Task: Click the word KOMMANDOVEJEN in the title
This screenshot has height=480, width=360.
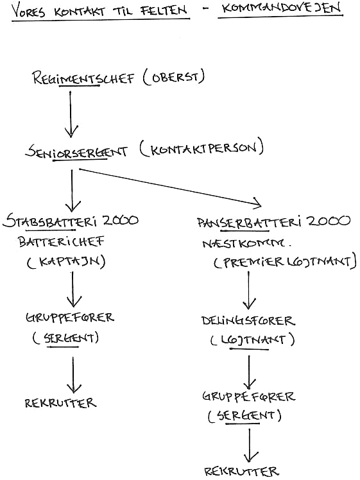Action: pyautogui.click(x=281, y=8)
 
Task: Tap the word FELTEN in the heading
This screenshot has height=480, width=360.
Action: pyautogui.click(x=163, y=10)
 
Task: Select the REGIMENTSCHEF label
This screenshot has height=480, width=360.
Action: pyautogui.click(x=83, y=78)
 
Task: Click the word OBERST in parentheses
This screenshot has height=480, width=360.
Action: pyautogui.click(x=175, y=78)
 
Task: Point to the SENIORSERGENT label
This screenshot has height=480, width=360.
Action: pyautogui.click(x=76, y=151)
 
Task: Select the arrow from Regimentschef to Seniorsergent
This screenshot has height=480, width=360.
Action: pyautogui.click(x=71, y=114)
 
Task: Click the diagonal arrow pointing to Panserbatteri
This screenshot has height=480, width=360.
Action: pyautogui.click(x=170, y=187)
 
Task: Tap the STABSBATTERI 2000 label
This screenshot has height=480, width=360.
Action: pyautogui.click(x=71, y=221)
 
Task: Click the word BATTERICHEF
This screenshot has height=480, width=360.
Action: pyautogui.click(x=61, y=241)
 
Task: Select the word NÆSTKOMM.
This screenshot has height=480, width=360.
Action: pyautogui.click(x=246, y=243)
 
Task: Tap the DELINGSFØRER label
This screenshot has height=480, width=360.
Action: pyautogui.click(x=248, y=320)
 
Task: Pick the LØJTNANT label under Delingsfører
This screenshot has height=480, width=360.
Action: pyautogui.click(x=253, y=339)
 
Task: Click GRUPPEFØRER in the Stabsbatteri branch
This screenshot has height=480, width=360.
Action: pyautogui.click(x=70, y=317)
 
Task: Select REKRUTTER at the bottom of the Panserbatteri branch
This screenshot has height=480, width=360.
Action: pyautogui.click(x=241, y=471)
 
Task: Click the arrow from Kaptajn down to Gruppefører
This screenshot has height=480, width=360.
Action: pyautogui.click(x=73, y=289)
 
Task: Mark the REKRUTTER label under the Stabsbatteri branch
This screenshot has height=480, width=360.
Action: pyautogui.click(x=60, y=402)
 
